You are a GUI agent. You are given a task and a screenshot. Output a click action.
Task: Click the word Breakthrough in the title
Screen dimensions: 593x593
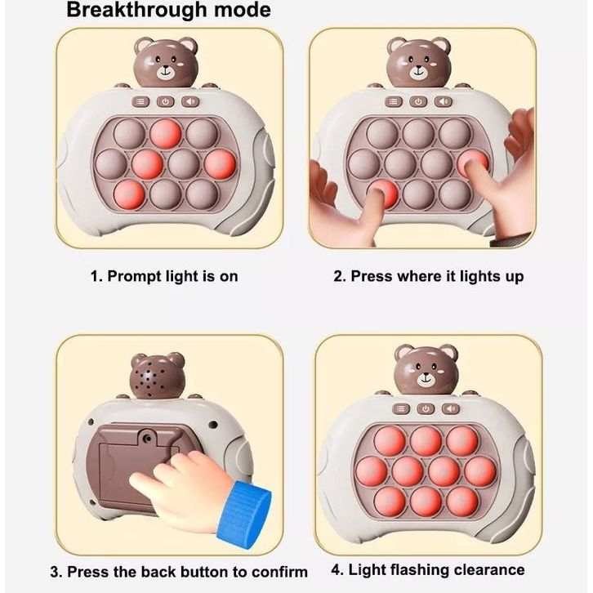click(x=136, y=10)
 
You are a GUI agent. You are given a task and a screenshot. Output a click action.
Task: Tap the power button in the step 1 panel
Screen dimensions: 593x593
click(x=165, y=101)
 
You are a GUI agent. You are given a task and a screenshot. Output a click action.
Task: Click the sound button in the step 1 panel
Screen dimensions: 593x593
click(x=189, y=101)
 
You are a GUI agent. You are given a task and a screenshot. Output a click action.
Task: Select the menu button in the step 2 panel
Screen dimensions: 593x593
click(x=394, y=101)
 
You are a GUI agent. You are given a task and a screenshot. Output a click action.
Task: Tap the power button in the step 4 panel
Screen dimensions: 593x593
click(x=426, y=409)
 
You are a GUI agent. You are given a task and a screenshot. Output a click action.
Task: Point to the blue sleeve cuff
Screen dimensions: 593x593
click(x=244, y=511)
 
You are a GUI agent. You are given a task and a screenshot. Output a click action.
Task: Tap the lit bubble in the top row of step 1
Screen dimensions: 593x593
click(x=166, y=133)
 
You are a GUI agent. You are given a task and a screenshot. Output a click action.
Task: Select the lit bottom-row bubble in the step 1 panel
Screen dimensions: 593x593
click(x=129, y=194)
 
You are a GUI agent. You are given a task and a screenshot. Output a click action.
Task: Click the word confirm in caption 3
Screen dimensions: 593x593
click(x=279, y=572)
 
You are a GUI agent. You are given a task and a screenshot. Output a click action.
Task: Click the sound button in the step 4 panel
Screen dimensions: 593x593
click(x=451, y=409)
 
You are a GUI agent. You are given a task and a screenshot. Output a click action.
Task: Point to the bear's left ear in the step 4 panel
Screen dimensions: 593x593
click(x=404, y=353)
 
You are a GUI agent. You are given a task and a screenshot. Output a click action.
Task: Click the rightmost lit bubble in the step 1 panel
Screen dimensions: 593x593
click(x=220, y=164)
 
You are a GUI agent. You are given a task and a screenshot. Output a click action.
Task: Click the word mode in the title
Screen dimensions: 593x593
click(x=243, y=10)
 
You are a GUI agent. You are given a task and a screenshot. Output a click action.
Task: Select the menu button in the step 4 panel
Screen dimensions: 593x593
click(x=401, y=409)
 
